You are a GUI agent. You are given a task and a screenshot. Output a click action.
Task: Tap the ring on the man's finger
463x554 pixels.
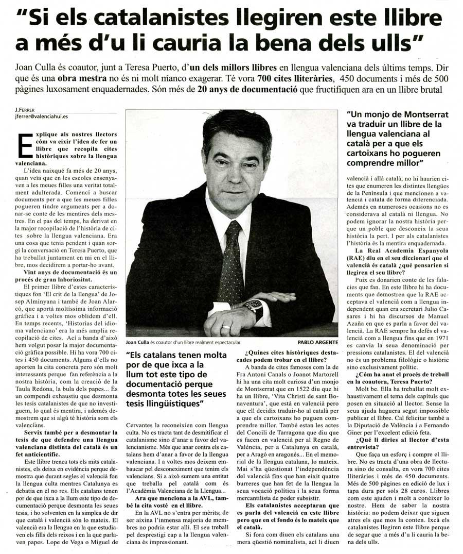(226, 327)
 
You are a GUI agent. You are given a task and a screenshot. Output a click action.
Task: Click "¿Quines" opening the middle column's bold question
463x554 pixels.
(254, 352)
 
